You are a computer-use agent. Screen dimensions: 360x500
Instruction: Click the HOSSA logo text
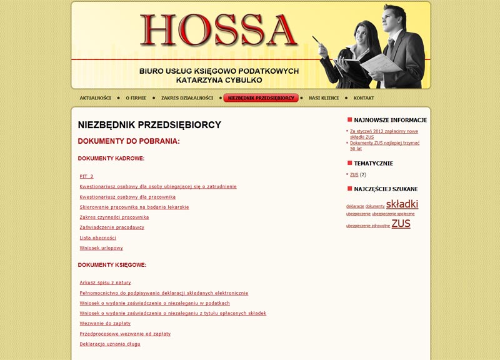point(219,30)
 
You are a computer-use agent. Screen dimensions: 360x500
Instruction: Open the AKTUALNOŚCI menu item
point(95,98)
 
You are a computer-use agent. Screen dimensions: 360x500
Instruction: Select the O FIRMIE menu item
point(136,98)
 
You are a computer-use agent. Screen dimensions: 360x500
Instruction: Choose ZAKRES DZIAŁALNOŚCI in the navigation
point(187,98)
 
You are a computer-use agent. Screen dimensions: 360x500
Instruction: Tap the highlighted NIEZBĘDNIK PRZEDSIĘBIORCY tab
point(261,98)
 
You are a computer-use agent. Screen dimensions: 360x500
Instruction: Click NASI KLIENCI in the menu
point(324,98)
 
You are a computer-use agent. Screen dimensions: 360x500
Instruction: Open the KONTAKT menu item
point(364,98)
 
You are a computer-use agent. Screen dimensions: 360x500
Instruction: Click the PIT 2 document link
point(86,176)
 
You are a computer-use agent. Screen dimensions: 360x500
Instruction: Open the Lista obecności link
point(97,237)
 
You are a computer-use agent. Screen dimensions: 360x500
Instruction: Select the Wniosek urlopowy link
point(101,247)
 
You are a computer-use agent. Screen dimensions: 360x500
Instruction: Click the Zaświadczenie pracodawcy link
point(112,227)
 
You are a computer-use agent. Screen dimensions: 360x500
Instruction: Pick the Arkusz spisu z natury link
point(105,282)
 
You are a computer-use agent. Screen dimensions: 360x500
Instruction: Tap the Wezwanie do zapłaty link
point(104,323)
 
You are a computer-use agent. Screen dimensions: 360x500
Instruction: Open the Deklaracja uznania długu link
point(110,344)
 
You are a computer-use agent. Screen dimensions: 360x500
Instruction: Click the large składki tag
point(402,204)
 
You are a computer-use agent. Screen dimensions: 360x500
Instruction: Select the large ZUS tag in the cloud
point(401,224)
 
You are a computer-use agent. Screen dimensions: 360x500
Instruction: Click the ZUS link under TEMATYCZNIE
point(354,174)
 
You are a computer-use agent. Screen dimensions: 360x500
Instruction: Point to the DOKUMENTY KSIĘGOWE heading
point(112,265)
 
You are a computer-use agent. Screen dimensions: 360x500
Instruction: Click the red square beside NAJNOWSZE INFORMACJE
point(350,119)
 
